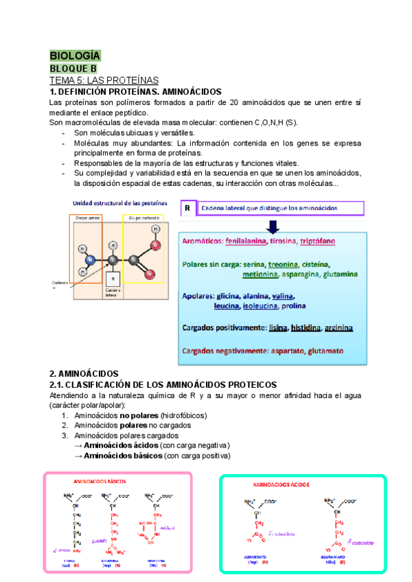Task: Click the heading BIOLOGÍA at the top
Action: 75,56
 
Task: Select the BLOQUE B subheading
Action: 73,69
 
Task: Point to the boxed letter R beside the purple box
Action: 187,207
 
